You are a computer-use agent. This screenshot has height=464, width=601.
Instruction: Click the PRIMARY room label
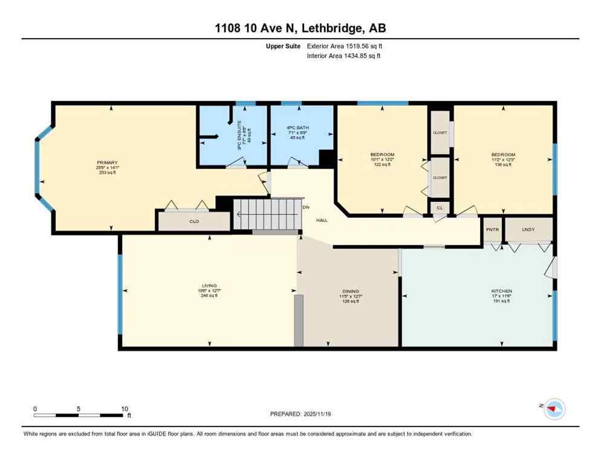[x=108, y=163]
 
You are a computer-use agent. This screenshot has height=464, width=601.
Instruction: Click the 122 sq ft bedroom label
[x=382, y=155]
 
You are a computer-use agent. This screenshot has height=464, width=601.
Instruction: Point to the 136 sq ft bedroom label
[x=503, y=155]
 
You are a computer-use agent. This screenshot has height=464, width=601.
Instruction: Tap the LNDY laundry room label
[x=528, y=230]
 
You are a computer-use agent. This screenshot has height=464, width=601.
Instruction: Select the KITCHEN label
[x=501, y=291]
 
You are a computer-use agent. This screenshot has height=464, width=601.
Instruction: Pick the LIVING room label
[x=209, y=286]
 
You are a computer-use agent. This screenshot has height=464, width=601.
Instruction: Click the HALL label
[x=322, y=220]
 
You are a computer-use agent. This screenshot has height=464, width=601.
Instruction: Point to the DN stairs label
[x=305, y=207]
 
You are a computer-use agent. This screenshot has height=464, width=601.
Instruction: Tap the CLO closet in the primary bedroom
[x=194, y=222]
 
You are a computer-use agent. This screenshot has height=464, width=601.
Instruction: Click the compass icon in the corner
[x=554, y=410]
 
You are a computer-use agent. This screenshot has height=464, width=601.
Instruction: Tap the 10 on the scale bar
[x=123, y=408]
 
